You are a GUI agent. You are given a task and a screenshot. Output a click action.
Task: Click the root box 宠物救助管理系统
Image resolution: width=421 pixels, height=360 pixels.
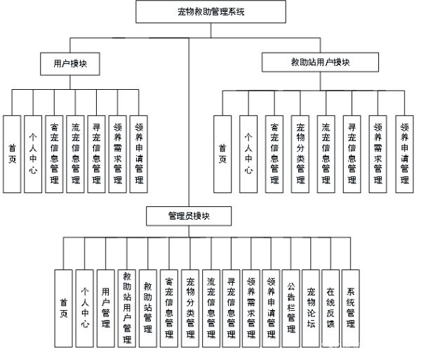pos(210,11)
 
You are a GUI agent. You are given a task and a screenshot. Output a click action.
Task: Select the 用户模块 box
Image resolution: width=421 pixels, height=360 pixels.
pos(70,64)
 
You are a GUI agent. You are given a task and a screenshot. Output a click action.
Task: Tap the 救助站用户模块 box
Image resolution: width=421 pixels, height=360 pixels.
pos(321,62)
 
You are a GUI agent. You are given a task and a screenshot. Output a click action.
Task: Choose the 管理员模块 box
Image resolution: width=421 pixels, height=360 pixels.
pos(189,216)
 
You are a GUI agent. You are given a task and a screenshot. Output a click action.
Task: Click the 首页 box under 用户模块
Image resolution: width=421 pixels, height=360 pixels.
pos(12,154)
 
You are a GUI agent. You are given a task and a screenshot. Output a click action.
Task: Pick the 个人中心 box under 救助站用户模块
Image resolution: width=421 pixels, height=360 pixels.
pos(248,154)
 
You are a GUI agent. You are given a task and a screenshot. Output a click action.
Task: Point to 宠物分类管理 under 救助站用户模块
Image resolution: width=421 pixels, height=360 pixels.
pos(300,154)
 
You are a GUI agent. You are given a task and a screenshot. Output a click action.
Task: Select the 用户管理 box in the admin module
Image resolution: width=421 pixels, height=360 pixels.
pos(106,309)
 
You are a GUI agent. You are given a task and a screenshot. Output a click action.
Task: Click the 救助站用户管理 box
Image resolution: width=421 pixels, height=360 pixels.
pos(127,309)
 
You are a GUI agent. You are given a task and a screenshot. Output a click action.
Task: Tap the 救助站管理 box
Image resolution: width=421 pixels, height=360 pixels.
pos(148,309)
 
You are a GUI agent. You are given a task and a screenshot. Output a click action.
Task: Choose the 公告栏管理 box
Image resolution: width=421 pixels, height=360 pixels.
pos(291,309)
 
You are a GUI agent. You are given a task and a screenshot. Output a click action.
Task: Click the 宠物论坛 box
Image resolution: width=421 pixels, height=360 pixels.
pos(311,309)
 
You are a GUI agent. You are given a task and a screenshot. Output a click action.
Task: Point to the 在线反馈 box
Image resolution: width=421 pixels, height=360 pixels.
pos(330,309)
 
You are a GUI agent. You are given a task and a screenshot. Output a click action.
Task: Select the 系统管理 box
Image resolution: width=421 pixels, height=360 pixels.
pos(351,309)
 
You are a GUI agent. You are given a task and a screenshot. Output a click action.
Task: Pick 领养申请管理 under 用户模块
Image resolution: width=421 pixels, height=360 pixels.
pos(138,154)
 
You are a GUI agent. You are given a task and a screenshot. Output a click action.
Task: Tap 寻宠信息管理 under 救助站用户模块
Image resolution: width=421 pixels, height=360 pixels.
pos(352,154)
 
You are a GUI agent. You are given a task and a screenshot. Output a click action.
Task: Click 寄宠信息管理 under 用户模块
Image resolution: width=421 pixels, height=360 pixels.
pos(54,154)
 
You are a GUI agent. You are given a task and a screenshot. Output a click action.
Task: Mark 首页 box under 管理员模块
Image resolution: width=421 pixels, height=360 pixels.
pos(64,309)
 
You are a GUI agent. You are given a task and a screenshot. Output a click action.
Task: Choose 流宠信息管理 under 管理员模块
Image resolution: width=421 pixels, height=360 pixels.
pos(211,309)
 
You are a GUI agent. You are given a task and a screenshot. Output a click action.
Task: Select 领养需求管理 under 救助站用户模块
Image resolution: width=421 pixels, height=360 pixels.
pos(377,154)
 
